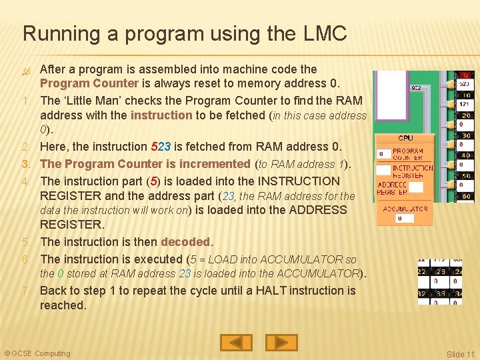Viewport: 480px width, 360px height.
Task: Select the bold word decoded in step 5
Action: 186,242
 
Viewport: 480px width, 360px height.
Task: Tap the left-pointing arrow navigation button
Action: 236,343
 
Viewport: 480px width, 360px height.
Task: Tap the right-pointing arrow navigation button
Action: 281,343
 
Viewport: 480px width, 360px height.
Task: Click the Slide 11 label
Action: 460,354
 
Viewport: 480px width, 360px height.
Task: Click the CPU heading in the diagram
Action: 405,138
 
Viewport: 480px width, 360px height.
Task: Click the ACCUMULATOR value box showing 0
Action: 400,218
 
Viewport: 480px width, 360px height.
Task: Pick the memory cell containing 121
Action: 464,105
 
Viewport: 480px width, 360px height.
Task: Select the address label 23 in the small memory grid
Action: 439,271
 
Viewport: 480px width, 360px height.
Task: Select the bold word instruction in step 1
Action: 161,115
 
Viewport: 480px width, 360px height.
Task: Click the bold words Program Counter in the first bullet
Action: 89,84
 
